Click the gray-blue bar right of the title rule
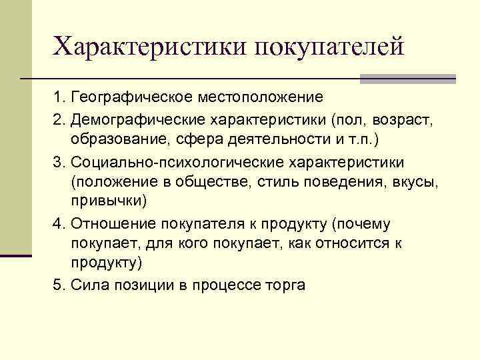point(407,79)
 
